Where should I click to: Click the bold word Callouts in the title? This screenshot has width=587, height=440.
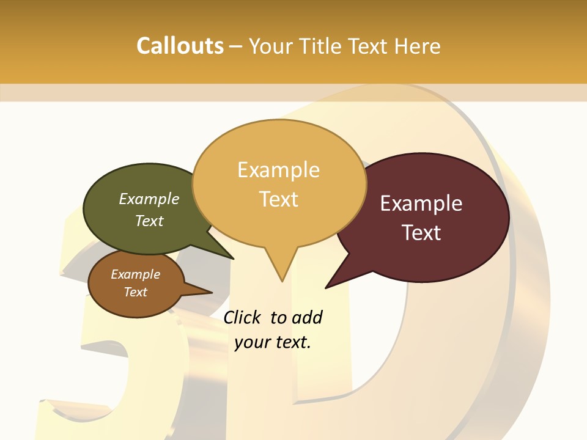(180, 46)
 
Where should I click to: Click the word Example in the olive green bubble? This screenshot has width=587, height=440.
(149, 199)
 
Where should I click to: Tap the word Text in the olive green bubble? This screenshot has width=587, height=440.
(149, 221)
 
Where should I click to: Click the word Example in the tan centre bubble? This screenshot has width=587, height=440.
(278, 170)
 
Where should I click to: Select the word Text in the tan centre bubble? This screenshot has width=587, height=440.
(278, 199)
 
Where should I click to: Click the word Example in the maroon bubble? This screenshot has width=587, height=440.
(421, 204)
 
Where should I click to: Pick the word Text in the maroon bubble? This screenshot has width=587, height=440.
(421, 233)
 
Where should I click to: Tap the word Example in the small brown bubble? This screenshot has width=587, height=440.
(135, 274)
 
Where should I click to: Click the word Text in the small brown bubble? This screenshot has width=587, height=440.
(135, 292)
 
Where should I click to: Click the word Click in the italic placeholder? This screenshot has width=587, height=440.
(243, 317)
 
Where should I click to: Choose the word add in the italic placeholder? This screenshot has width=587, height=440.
(307, 317)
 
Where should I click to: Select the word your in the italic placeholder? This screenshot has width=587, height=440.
(250, 342)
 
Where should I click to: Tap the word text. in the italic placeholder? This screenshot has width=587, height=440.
(291, 342)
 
